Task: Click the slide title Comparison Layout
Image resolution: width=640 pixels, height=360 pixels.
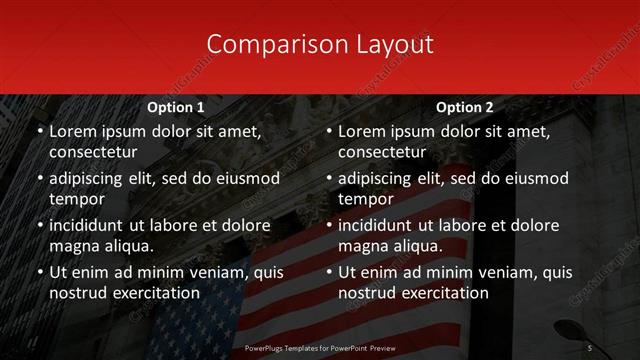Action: [320, 44]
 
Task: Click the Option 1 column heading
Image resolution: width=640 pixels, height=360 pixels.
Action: [176, 107]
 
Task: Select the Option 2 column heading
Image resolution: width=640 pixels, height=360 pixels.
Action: [465, 107]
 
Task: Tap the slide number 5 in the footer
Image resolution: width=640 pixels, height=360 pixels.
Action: [590, 347]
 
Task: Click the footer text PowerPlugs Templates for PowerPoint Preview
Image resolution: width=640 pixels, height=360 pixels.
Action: [320, 347]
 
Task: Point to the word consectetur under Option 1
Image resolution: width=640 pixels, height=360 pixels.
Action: [93, 152]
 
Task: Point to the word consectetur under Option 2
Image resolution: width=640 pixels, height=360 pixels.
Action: [382, 152]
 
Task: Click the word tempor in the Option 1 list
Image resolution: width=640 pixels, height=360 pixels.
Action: [76, 199]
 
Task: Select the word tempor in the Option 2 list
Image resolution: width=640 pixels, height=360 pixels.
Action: [365, 199]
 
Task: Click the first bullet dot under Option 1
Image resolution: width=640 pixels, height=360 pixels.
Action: [39, 132]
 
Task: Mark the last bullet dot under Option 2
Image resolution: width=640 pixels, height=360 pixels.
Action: [328, 272]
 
